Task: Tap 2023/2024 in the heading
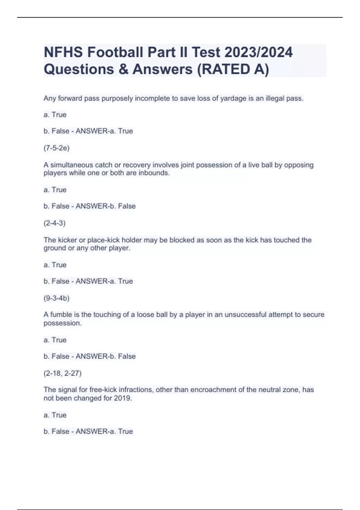tap(258, 52)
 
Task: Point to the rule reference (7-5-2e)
tap(56, 148)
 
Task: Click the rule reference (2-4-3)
tap(55, 223)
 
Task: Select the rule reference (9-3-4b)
tap(56, 298)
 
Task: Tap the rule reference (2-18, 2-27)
tap(62, 373)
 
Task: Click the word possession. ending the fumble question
tap(62, 323)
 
